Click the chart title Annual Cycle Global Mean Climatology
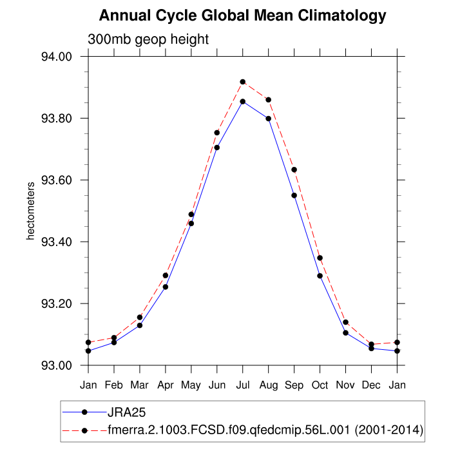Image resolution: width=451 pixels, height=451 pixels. (x=243, y=15)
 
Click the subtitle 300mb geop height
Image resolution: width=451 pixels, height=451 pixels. (x=148, y=39)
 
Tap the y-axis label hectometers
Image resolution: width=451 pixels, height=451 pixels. (x=30, y=211)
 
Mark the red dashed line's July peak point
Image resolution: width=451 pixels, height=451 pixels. (x=243, y=82)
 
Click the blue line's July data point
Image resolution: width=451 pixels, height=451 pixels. (x=243, y=101)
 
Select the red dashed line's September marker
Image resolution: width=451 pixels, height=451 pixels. (x=294, y=169)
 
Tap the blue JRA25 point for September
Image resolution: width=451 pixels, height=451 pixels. (x=294, y=195)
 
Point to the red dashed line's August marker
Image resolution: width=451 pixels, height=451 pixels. (x=269, y=100)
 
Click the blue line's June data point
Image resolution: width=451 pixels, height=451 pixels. (x=217, y=148)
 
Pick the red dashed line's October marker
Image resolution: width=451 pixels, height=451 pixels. (x=320, y=258)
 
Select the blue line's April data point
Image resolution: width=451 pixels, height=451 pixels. (x=166, y=287)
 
